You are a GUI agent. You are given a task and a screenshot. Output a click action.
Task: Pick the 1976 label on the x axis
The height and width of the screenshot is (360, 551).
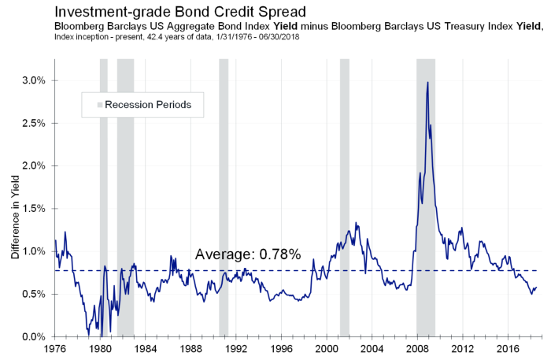[x=55, y=348]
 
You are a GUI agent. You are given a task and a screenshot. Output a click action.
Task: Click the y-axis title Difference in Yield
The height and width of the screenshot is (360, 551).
[x=15, y=209]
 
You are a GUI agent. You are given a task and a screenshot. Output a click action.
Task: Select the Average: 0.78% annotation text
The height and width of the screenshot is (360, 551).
[x=248, y=254]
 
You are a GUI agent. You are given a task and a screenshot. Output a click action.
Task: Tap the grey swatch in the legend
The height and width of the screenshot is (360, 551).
[x=100, y=105]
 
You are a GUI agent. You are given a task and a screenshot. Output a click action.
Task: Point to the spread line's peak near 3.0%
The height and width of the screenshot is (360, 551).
[x=427, y=83]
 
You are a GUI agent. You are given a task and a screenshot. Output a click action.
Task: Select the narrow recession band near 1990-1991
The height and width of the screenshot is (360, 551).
[x=224, y=197]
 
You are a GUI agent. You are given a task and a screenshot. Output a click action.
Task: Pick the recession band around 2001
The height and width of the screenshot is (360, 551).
[x=344, y=197]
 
